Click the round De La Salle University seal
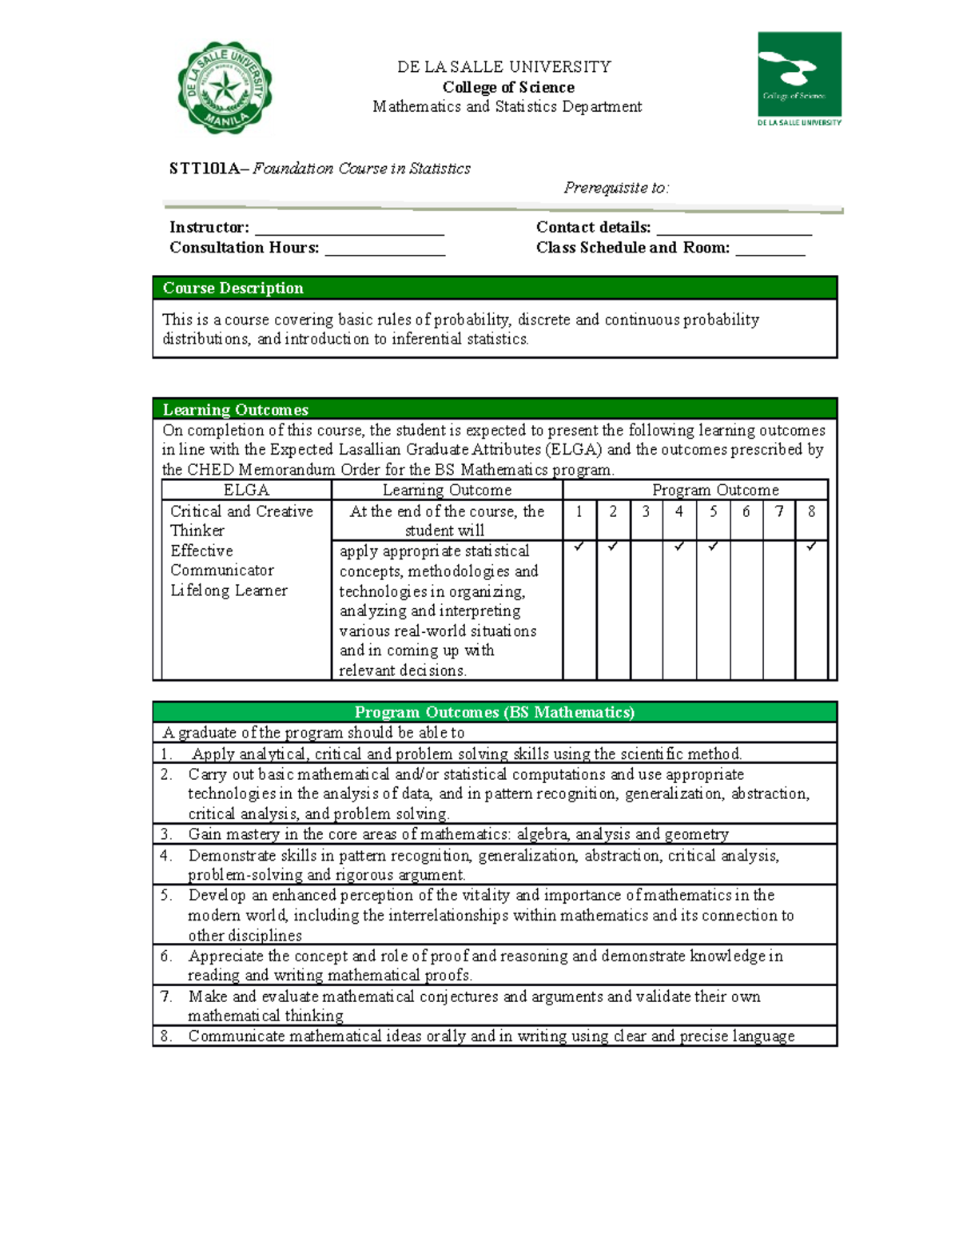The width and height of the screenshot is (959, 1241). click(225, 88)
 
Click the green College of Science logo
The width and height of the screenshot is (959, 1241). click(799, 78)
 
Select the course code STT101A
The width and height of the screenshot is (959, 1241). click(204, 169)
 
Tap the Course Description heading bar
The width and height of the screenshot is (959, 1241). click(495, 288)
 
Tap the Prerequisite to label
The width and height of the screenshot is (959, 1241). click(616, 188)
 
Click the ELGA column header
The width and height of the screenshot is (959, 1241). click(246, 490)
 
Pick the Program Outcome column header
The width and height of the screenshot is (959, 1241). click(715, 490)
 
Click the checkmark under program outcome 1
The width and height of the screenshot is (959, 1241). click(579, 547)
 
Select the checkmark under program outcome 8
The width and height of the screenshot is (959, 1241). click(811, 547)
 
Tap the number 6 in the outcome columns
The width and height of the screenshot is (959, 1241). click(746, 511)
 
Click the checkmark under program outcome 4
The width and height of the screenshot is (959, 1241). click(679, 547)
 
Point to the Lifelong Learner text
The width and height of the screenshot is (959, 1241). click(229, 591)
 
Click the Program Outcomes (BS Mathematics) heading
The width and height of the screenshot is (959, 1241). click(495, 712)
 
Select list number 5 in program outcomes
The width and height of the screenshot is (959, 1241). click(165, 895)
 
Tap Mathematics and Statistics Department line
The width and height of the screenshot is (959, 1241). click(507, 106)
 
